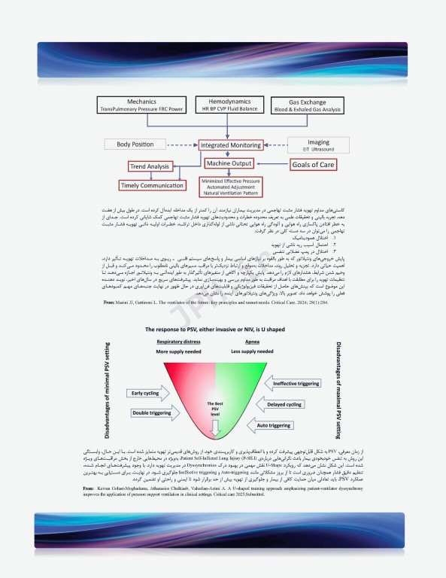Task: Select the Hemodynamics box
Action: click(225, 105)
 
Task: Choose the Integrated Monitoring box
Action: click(226, 144)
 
